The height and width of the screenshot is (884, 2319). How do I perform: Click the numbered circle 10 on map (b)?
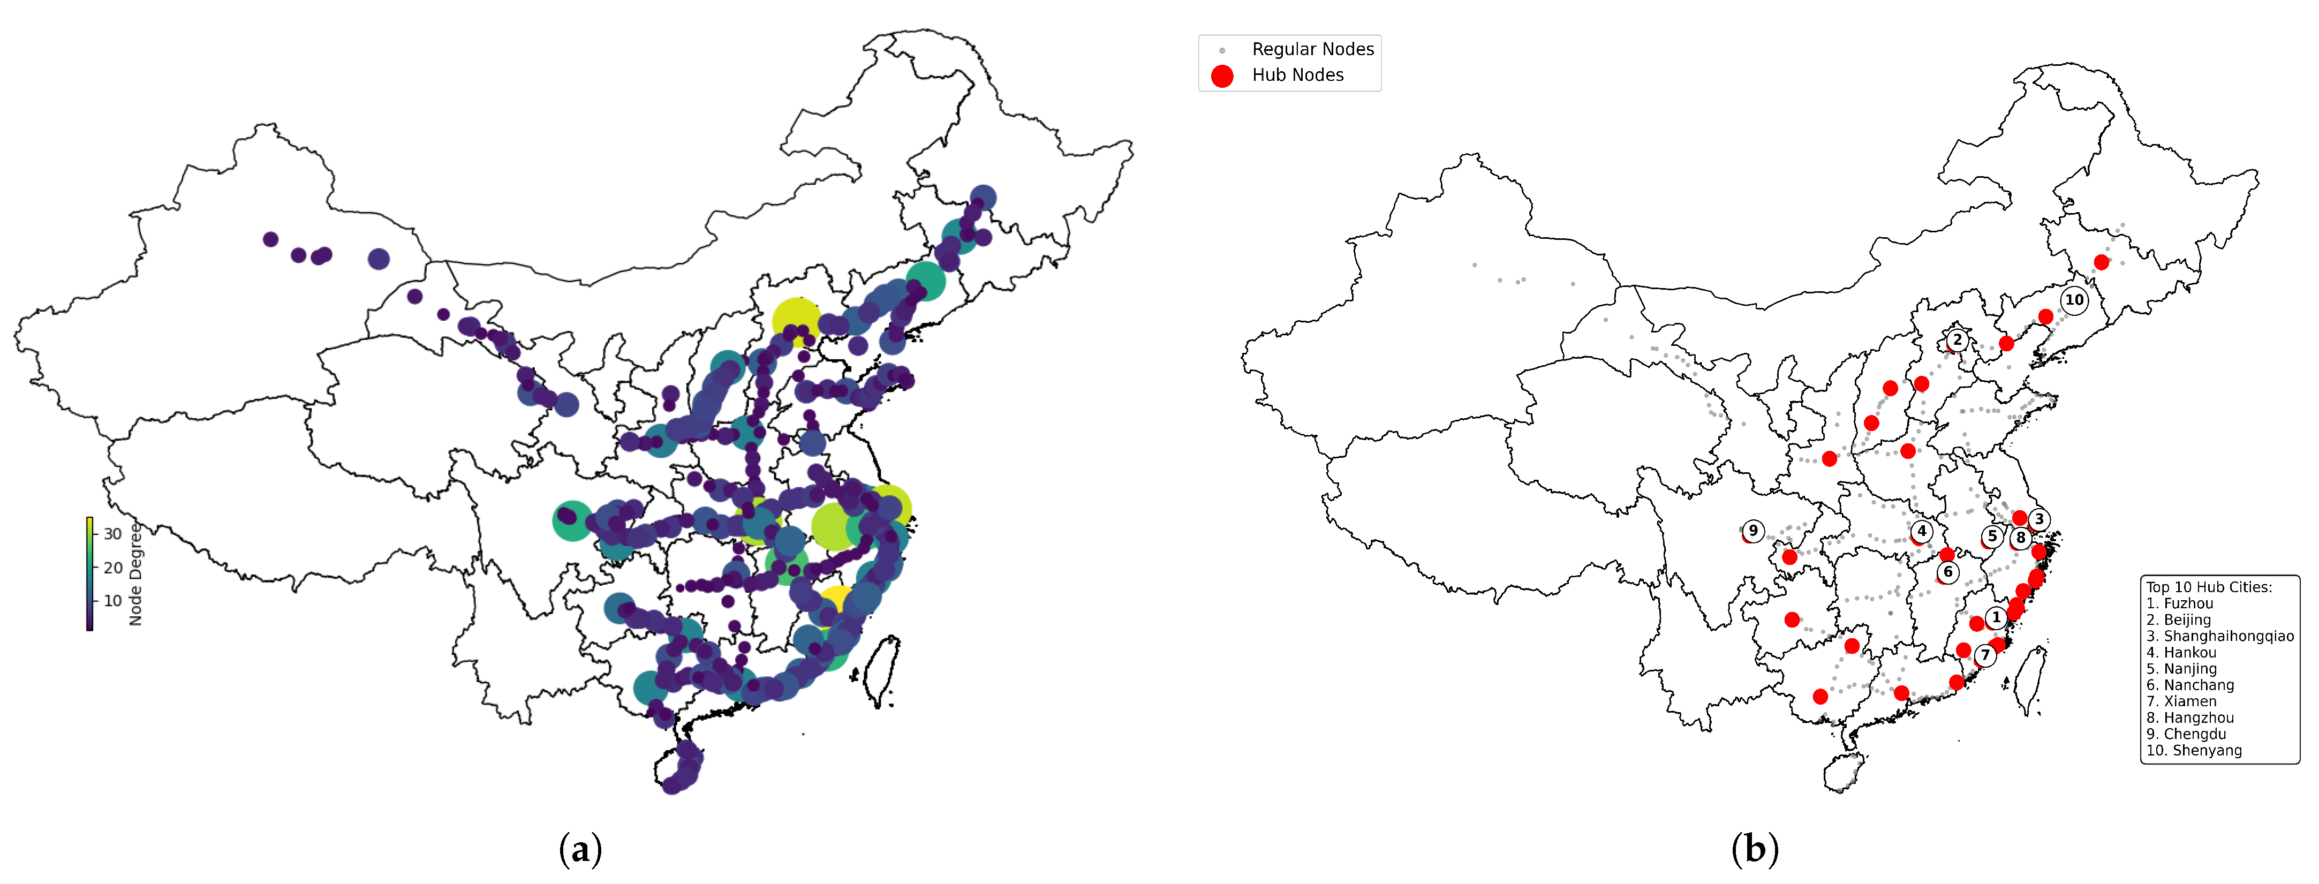2074,300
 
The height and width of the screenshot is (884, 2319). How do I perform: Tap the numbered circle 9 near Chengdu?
1753,530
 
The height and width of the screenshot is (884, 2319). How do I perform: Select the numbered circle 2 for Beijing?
1956,339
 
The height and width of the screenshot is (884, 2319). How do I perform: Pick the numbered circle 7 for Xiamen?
1985,654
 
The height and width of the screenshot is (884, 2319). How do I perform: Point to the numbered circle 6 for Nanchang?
1948,572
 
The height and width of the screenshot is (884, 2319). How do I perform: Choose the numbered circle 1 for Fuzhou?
1996,617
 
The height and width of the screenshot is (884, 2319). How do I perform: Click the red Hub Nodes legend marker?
1222,75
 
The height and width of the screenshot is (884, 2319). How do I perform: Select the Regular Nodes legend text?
1312,49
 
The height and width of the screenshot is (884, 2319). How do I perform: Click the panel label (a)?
580,849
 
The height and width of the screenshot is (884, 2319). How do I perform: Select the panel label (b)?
1755,849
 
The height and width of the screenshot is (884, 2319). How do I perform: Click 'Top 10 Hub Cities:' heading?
2208,587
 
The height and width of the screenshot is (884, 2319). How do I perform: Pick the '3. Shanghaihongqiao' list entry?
2219,636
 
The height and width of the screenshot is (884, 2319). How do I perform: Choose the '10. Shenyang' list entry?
2194,750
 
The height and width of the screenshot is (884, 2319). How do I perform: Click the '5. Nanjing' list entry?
2180,668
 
